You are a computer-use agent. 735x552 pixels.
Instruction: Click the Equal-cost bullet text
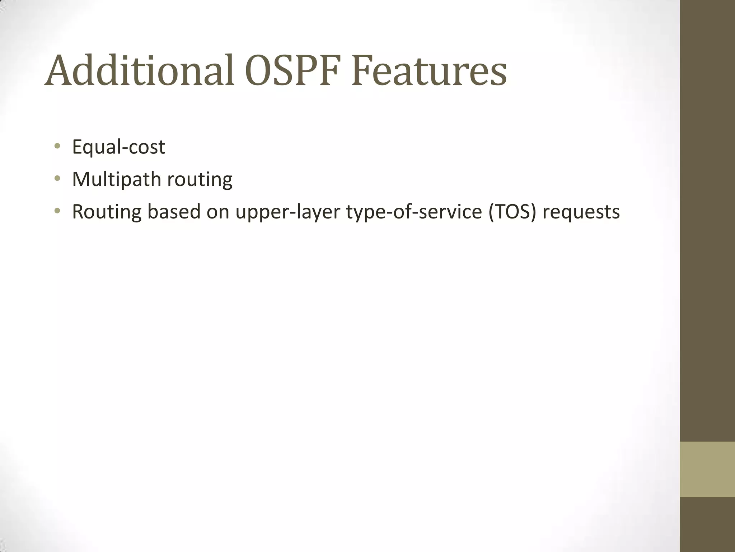118,147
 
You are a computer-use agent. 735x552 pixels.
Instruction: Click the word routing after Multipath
200,179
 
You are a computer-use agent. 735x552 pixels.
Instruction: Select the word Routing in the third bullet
107,212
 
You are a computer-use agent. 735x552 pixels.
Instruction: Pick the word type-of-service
414,212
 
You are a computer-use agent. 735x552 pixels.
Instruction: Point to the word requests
581,212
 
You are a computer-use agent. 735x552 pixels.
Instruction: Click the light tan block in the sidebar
707,469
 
